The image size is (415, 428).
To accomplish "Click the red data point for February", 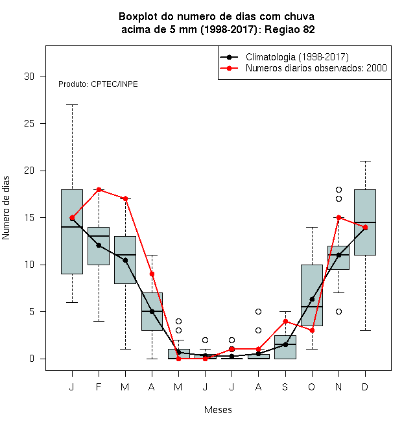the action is click(99, 189).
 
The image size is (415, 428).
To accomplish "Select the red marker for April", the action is click(152, 274).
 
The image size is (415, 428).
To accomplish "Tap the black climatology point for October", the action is click(312, 299).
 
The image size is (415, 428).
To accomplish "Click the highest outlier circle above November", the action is click(338, 189).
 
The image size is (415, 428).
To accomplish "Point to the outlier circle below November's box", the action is click(338, 311).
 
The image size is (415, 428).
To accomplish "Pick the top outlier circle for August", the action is click(258, 311).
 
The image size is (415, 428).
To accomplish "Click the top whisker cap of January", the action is click(72, 104).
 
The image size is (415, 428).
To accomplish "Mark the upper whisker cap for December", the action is click(365, 161).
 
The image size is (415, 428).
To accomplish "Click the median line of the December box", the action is click(365, 222).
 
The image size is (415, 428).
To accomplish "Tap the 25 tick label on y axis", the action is click(29, 124).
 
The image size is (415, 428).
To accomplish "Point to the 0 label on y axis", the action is click(32, 359).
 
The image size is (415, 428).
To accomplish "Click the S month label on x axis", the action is click(285, 386).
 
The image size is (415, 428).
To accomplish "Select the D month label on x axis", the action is click(365, 386).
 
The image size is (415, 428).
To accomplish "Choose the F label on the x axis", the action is click(99, 386).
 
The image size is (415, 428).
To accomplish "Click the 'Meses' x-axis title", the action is click(218, 410).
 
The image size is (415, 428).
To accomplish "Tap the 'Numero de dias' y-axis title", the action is click(6, 208).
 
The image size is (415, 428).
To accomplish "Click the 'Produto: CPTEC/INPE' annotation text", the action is click(98, 84).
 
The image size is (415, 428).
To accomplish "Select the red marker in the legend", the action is click(230, 68).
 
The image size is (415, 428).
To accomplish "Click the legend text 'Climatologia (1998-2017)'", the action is click(297, 57).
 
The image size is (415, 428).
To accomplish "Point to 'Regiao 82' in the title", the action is click(290, 29).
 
